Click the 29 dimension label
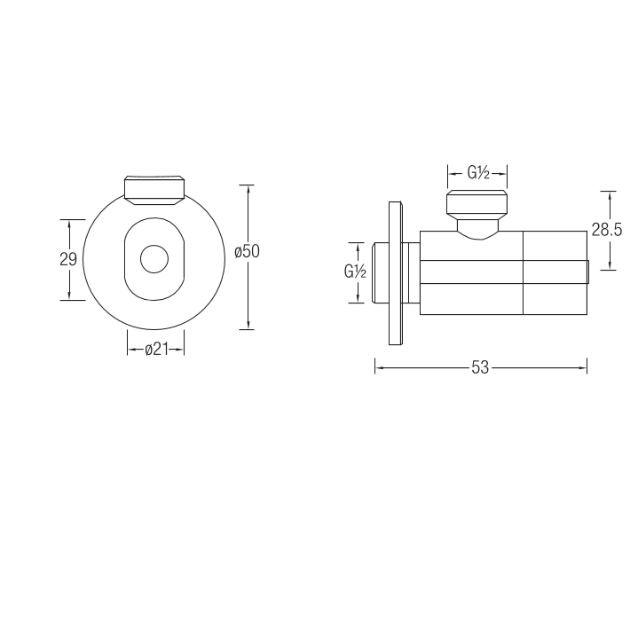68,259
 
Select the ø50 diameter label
247,251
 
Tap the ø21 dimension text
157,349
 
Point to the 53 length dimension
480,368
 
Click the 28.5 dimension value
607,231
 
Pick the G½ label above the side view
478,173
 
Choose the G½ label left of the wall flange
355,272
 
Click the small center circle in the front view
154,259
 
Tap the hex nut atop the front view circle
154,190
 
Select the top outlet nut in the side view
477,204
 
